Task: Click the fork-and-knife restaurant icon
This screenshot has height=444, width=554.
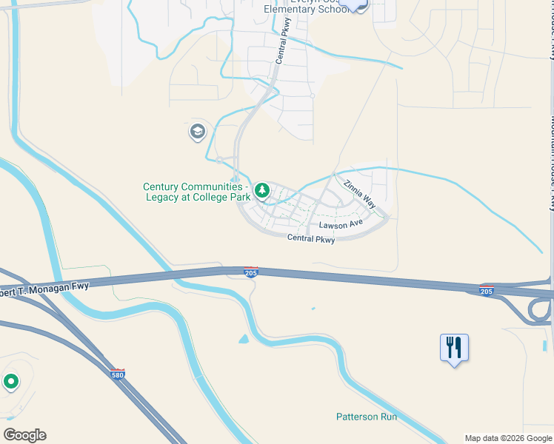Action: [x=454, y=346]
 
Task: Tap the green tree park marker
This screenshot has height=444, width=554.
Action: [x=261, y=191]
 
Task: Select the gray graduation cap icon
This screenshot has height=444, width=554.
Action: [x=197, y=132]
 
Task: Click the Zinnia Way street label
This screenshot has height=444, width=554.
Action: [x=359, y=193]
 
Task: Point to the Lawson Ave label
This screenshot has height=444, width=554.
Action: [x=341, y=224]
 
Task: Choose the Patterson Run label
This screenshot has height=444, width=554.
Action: [x=367, y=417]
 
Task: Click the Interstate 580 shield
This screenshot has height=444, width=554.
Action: [x=117, y=374]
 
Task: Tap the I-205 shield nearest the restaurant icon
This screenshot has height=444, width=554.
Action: [x=487, y=289]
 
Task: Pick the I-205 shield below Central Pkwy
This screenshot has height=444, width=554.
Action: [x=251, y=272]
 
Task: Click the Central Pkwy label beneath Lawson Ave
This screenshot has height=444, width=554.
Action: [x=311, y=238]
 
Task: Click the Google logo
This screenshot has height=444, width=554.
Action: [x=24, y=435]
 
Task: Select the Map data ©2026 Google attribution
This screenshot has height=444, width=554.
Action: [x=507, y=438]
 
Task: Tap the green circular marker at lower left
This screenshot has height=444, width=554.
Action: [x=10, y=382]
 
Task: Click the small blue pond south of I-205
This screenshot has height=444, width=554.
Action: [x=244, y=340]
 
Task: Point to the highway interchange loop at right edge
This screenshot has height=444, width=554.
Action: [x=538, y=312]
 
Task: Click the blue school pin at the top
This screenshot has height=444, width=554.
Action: [x=357, y=4]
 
